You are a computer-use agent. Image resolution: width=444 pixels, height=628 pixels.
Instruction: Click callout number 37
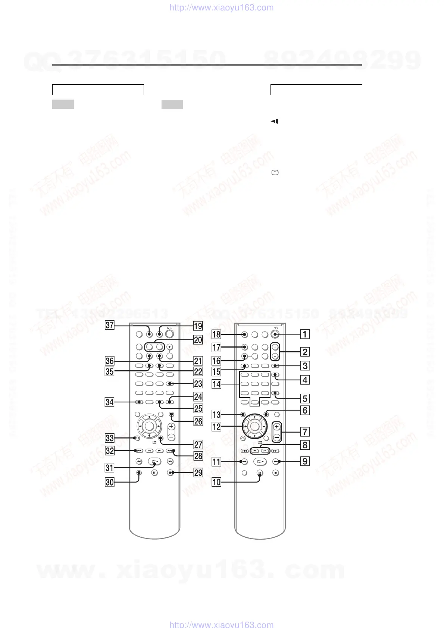click(109, 325)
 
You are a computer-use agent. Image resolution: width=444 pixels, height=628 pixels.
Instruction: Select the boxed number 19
click(198, 326)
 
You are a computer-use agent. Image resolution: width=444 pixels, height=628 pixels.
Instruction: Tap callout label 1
click(305, 334)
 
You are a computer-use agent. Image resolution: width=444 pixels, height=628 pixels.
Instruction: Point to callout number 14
click(216, 384)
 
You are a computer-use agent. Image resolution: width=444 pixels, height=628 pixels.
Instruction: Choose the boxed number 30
click(109, 482)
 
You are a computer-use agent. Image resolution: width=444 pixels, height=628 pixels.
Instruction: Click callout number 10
click(216, 482)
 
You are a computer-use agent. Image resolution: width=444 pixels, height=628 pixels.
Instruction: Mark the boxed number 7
click(305, 432)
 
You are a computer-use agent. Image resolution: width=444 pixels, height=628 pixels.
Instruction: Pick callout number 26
click(198, 421)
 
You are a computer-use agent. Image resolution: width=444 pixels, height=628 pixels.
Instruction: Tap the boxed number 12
click(216, 426)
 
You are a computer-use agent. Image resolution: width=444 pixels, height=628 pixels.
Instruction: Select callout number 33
click(109, 438)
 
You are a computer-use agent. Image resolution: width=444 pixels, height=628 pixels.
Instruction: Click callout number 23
click(198, 383)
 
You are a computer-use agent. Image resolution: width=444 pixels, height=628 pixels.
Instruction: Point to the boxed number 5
click(305, 398)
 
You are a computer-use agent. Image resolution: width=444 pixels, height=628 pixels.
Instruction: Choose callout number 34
click(109, 402)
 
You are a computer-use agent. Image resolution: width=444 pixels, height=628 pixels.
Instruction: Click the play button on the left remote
click(154, 462)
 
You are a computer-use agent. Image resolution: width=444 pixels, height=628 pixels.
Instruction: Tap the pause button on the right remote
click(260, 473)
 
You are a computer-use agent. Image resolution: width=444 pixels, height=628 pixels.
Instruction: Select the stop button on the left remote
click(170, 473)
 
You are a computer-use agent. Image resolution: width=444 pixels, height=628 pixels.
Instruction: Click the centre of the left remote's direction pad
click(148, 426)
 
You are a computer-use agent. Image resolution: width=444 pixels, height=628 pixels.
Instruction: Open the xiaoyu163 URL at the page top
click(222, 7)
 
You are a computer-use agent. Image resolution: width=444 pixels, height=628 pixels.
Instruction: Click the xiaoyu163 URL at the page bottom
click(222, 624)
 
